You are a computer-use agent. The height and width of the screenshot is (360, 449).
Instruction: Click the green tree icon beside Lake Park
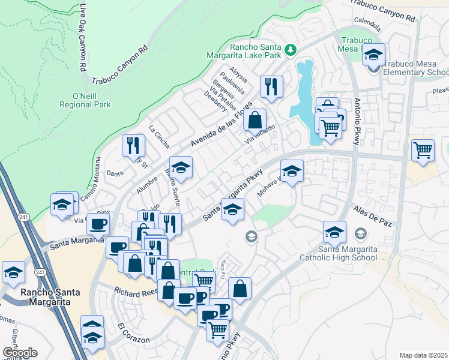click(291, 48)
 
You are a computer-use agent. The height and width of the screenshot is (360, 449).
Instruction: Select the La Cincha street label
click(160, 136)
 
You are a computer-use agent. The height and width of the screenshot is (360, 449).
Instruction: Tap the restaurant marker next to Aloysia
click(271, 86)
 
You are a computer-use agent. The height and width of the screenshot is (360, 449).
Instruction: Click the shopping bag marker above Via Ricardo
click(255, 119)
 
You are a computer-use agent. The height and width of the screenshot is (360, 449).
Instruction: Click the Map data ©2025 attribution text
click(424, 355)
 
